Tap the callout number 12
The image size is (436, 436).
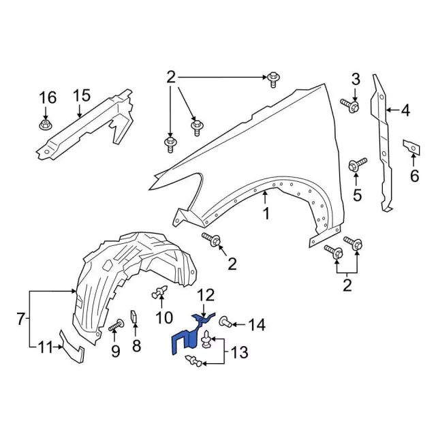206,295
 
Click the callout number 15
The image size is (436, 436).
81,95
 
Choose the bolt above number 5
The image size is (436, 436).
356,165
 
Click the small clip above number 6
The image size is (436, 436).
411,146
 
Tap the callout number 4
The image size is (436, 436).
405,110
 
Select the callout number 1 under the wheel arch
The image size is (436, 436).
266,213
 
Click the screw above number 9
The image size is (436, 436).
115,326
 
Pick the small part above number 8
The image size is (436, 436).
135,317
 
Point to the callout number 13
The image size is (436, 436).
239,352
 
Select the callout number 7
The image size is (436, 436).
21,318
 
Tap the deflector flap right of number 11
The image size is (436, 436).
71,346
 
